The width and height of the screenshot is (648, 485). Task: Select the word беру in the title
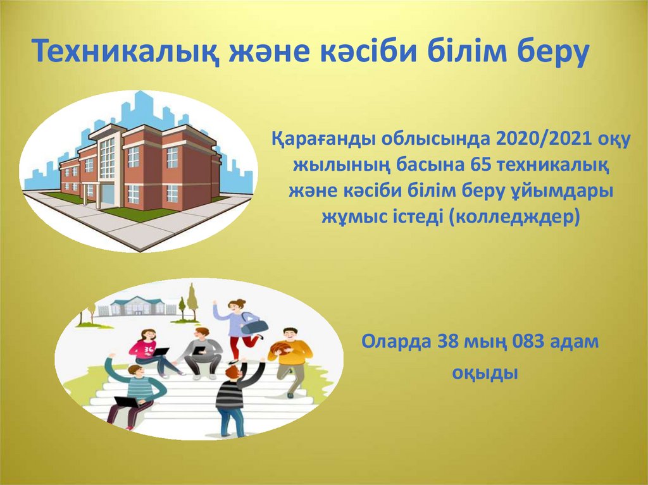tap(547, 51)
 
